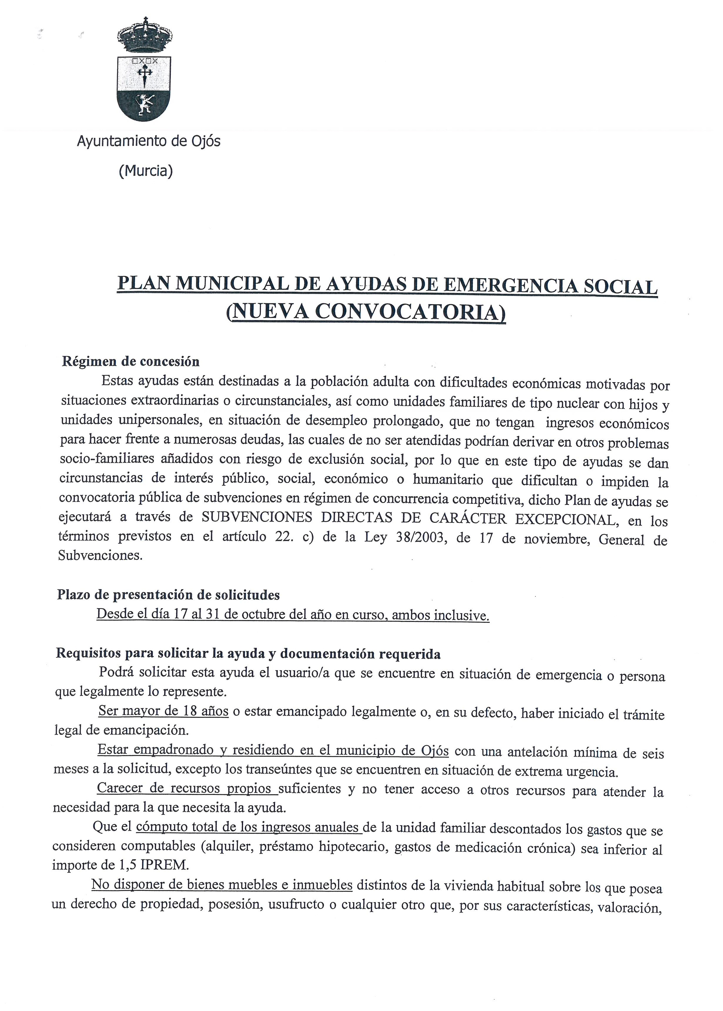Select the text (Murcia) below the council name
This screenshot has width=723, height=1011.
145,171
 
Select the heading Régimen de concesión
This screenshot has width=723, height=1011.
130,361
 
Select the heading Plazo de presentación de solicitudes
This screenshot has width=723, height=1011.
168,595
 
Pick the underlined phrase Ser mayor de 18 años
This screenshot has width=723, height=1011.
163,711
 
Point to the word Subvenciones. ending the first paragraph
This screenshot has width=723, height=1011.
101,556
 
